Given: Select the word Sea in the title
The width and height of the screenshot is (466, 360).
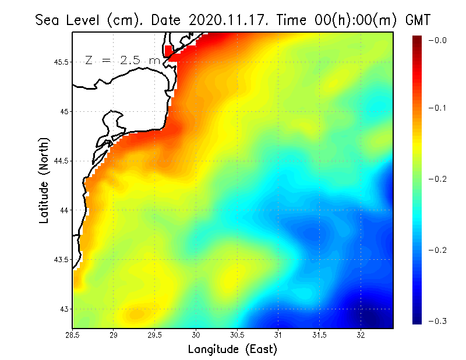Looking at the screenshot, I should tap(47, 20).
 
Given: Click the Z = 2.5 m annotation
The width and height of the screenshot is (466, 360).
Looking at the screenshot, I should tap(122, 60).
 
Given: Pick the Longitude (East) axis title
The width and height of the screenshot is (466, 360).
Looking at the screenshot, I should tap(232, 350).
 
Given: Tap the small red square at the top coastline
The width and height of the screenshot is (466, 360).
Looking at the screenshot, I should tap(169, 51).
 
